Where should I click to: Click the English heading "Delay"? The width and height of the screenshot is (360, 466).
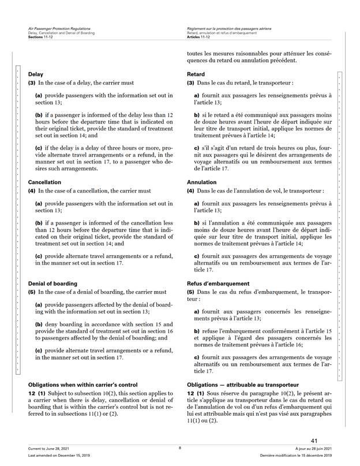pos(36,74)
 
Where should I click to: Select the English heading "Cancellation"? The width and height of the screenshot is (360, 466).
pos(45,182)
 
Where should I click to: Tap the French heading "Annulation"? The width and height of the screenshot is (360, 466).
pos(202,182)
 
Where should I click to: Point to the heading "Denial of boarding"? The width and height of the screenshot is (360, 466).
pos(52,284)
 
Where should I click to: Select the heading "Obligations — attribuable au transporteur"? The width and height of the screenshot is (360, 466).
pos(242,384)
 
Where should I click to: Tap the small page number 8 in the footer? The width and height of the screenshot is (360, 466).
pos(179,448)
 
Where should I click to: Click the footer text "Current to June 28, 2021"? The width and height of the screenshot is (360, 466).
pos(46,449)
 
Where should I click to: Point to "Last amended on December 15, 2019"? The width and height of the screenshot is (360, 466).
pos(52,456)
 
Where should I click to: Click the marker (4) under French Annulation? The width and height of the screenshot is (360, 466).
pos(192,191)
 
